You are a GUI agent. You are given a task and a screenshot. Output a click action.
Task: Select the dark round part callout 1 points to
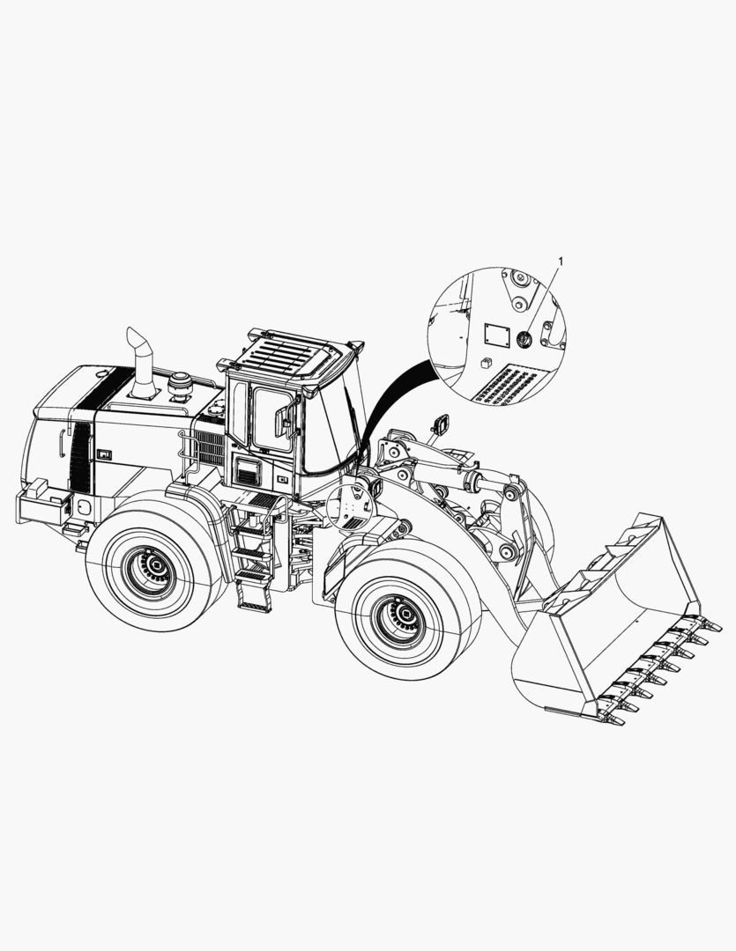point(523,339)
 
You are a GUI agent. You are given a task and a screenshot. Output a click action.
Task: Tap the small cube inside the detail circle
point(485,364)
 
